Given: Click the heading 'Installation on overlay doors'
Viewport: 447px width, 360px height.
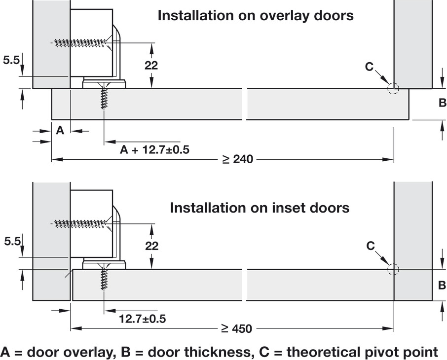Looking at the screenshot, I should [x=255, y=15].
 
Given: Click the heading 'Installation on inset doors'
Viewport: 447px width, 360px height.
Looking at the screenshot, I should [x=260, y=208].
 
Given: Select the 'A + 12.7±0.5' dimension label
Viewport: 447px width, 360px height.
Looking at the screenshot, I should [x=155, y=149].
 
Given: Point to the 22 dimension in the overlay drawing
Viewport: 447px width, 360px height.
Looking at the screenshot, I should [x=151, y=65].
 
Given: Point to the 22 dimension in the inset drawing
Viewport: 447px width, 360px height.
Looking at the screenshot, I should [x=151, y=245].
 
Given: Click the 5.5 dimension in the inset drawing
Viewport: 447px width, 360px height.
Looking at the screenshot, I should [x=11, y=242].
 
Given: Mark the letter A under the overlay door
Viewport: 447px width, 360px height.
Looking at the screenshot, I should [x=60, y=131].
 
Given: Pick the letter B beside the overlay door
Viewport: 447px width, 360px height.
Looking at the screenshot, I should [x=442, y=103].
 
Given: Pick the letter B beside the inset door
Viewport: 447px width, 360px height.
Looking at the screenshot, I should [x=442, y=285].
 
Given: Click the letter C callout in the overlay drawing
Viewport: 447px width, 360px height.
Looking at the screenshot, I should [x=370, y=67].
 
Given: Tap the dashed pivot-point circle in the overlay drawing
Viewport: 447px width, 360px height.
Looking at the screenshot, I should [x=393, y=88].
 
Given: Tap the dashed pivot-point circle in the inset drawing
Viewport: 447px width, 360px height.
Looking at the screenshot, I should [x=393, y=269].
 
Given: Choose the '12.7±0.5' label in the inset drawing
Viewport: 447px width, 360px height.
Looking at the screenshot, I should [x=142, y=319].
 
